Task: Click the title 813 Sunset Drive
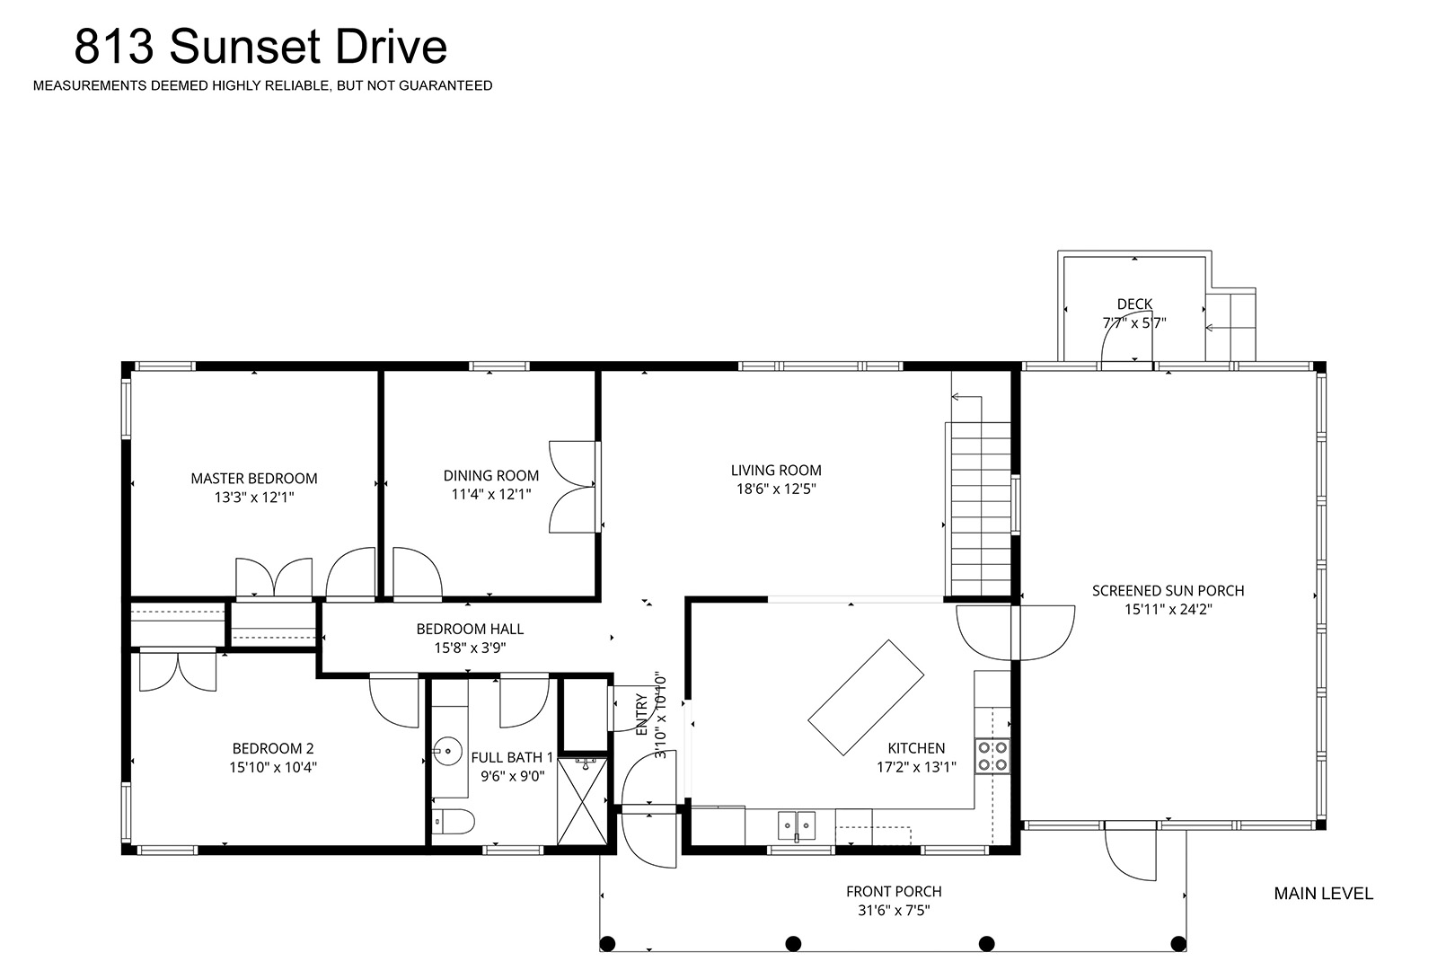click(260, 46)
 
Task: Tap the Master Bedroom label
click(254, 479)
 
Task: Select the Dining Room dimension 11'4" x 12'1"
click(491, 494)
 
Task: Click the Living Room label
click(776, 471)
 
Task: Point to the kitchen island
click(866, 698)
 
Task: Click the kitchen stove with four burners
click(992, 756)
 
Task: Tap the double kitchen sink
click(797, 825)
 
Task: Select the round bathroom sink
click(447, 751)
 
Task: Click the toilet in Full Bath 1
click(454, 822)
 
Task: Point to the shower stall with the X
click(583, 802)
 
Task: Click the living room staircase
click(981, 508)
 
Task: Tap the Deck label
click(1134, 304)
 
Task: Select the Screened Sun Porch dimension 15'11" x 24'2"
click(1168, 610)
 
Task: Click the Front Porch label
click(894, 892)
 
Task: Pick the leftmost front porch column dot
click(607, 943)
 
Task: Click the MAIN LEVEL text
click(1323, 894)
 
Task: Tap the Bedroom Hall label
click(470, 630)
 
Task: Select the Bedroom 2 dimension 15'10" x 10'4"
click(273, 767)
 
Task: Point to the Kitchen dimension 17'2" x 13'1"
click(916, 767)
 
